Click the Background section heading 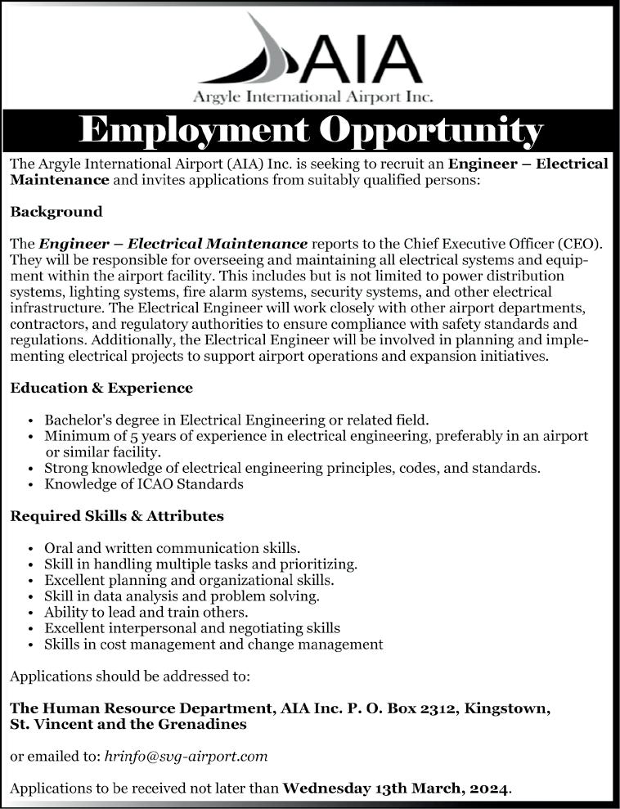click(x=56, y=212)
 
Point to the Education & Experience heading click(x=101, y=388)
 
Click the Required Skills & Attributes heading click(x=117, y=516)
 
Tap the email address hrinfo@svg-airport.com click(x=186, y=757)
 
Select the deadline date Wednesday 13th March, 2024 click(x=396, y=789)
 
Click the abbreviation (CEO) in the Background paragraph click(x=580, y=244)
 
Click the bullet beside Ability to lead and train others click(x=30, y=613)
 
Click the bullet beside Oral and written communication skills click(x=30, y=548)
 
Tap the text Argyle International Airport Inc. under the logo click(x=312, y=97)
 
